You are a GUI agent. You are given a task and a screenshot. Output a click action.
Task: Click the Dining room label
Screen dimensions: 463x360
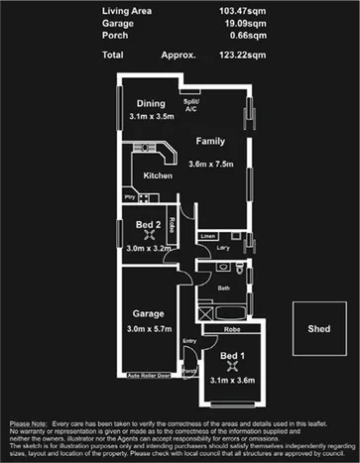pos(151,103)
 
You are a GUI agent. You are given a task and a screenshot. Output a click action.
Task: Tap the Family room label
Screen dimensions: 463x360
pos(208,141)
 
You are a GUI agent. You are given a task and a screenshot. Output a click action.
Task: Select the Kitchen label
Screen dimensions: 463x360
pos(158,176)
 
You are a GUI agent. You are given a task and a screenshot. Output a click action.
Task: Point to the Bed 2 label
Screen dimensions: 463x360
pos(149,225)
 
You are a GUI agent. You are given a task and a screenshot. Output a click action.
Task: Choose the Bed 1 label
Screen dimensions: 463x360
pos(231,355)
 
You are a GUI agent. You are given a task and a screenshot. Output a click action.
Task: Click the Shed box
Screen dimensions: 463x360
pos(318,329)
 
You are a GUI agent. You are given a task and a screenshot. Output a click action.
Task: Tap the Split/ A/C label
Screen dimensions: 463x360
pos(191,104)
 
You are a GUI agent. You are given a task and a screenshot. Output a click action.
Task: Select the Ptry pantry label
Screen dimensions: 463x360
pos(130,197)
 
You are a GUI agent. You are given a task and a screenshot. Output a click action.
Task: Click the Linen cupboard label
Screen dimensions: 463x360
pos(207,236)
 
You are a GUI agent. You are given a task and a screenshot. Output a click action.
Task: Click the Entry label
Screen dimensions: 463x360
pos(189,343)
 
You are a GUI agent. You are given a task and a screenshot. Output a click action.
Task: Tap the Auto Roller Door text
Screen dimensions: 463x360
pos(149,377)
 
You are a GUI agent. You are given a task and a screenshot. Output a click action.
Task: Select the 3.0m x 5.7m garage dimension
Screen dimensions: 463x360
pos(151,329)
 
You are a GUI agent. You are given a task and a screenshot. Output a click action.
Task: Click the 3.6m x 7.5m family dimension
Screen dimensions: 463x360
pos(209,164)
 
